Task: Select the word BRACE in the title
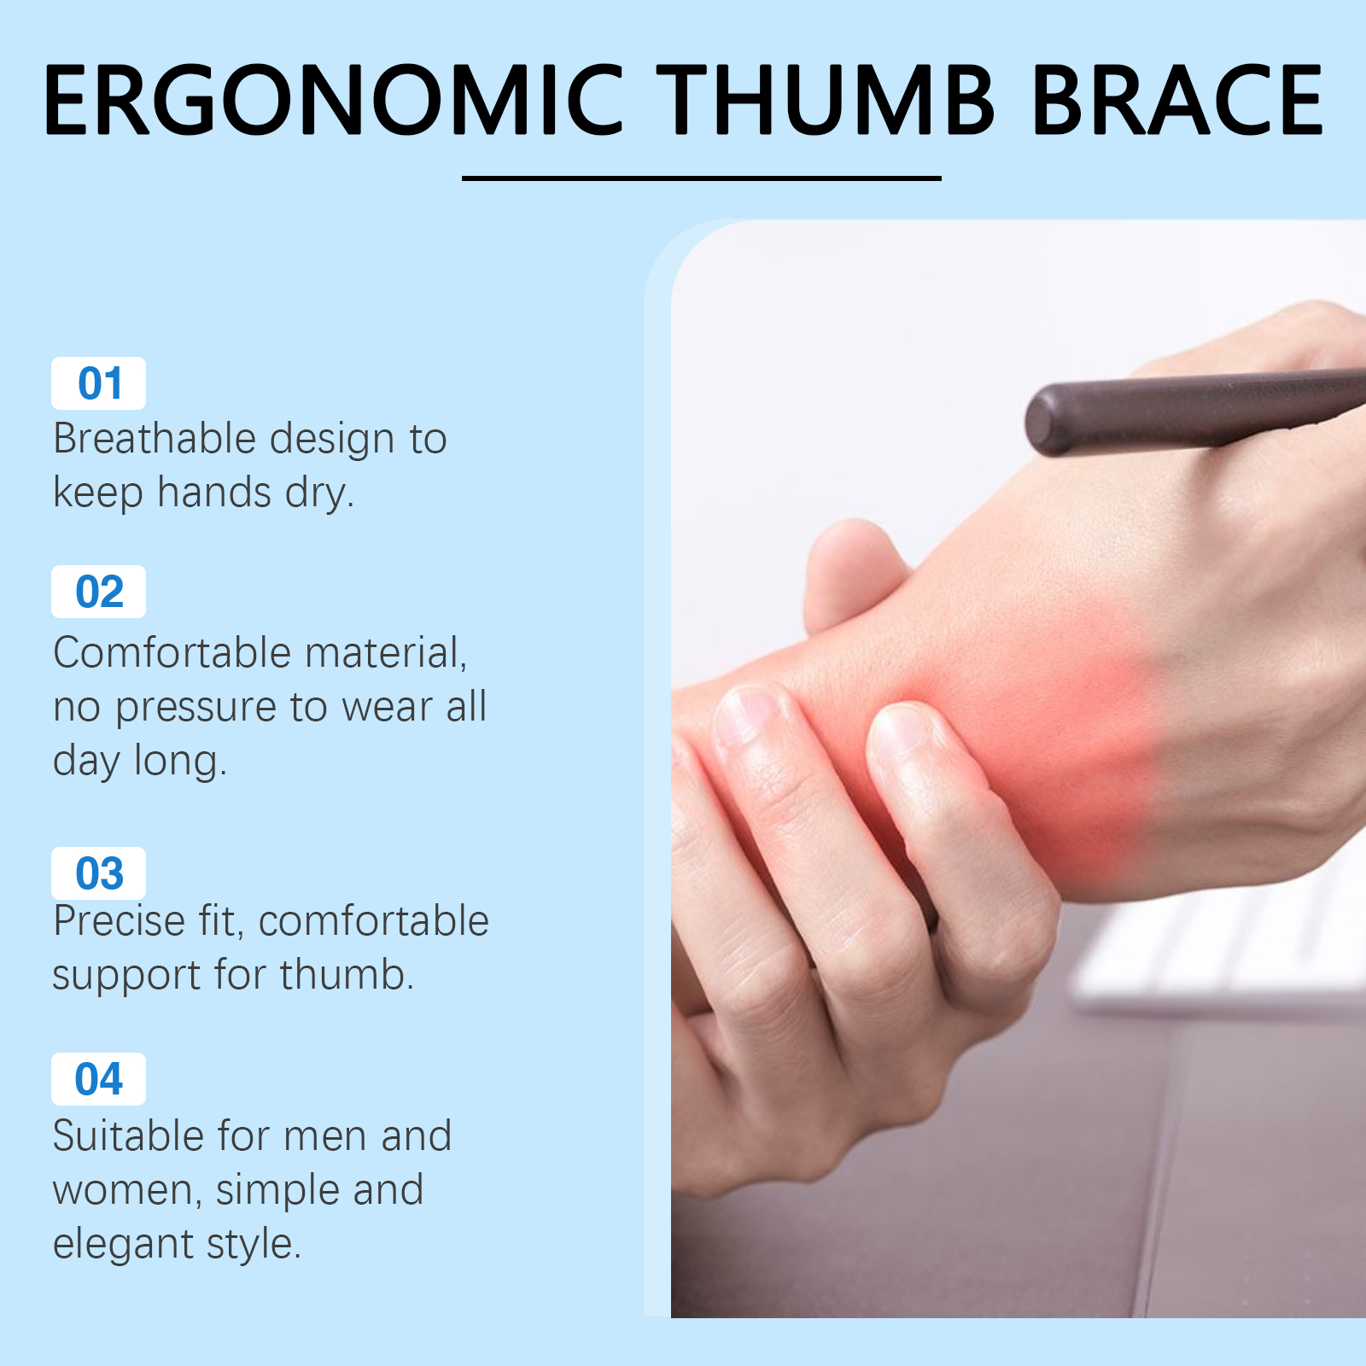[1177, 100]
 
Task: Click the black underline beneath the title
[701, 178]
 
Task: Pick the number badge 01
[98, 383]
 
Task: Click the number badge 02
[98, 592]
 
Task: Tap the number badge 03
[98, 873]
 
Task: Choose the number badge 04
[98, 1079]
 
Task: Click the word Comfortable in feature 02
[172, 653]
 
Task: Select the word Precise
[119, 921]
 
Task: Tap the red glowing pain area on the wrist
[1050, 726]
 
